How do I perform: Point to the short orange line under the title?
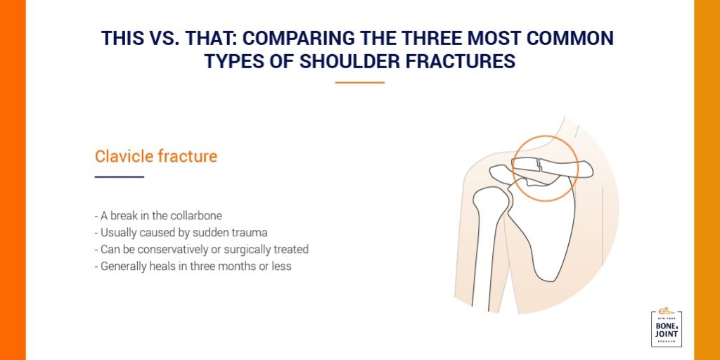(x=360, y=82)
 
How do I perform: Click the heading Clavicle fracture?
(x=156, y=156)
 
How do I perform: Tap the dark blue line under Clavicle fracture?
(x=119, y=176)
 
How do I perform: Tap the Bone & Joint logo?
(x=667, y=327)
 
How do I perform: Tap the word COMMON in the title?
(x=570, y=39)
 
